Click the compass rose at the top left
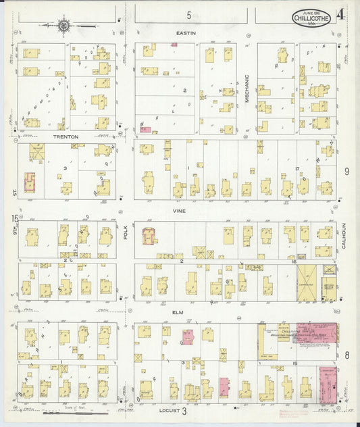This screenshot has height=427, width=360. point(64,26)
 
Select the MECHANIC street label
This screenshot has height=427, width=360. point(247,88)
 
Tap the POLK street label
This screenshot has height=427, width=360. point(126,234)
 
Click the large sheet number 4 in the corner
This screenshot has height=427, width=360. point(344,14)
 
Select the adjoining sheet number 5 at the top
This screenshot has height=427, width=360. point(189,15)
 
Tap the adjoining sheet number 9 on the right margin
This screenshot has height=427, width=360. point(346,172)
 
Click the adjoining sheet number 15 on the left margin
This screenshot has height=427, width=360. point(14,218)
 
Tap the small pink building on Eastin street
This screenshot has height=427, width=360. point(174,45)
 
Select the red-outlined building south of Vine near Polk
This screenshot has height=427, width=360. point(149,236)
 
